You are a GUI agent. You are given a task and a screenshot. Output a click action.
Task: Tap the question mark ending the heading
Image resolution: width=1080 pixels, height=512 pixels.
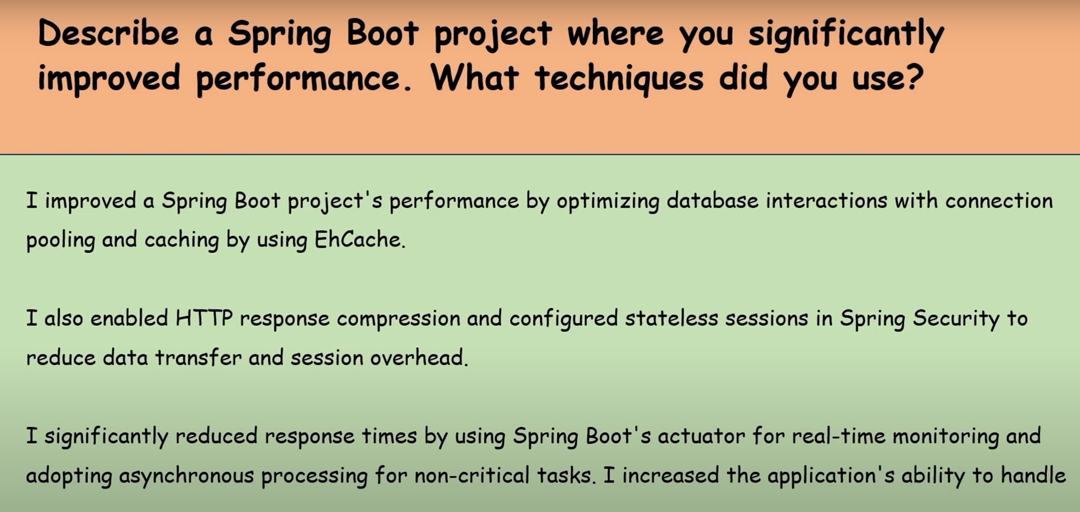pos(913,77)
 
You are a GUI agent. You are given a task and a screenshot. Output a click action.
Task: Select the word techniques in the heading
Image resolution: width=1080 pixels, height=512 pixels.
pos(619,78)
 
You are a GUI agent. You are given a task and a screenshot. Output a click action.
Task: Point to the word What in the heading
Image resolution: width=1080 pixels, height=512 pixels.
pos(475,77)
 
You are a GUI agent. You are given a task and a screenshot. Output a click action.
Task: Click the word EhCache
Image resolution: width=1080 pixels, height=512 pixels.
pos(360,240)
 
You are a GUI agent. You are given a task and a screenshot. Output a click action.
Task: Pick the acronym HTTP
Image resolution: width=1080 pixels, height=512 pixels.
pos(204,318)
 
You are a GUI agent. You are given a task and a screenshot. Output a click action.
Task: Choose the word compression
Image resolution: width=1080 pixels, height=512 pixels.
pos(398,319)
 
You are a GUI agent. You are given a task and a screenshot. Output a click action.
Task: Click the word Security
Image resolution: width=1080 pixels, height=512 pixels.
pos(956,319)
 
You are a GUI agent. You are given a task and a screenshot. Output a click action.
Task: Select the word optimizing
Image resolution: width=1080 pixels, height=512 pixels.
pos(608,202)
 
